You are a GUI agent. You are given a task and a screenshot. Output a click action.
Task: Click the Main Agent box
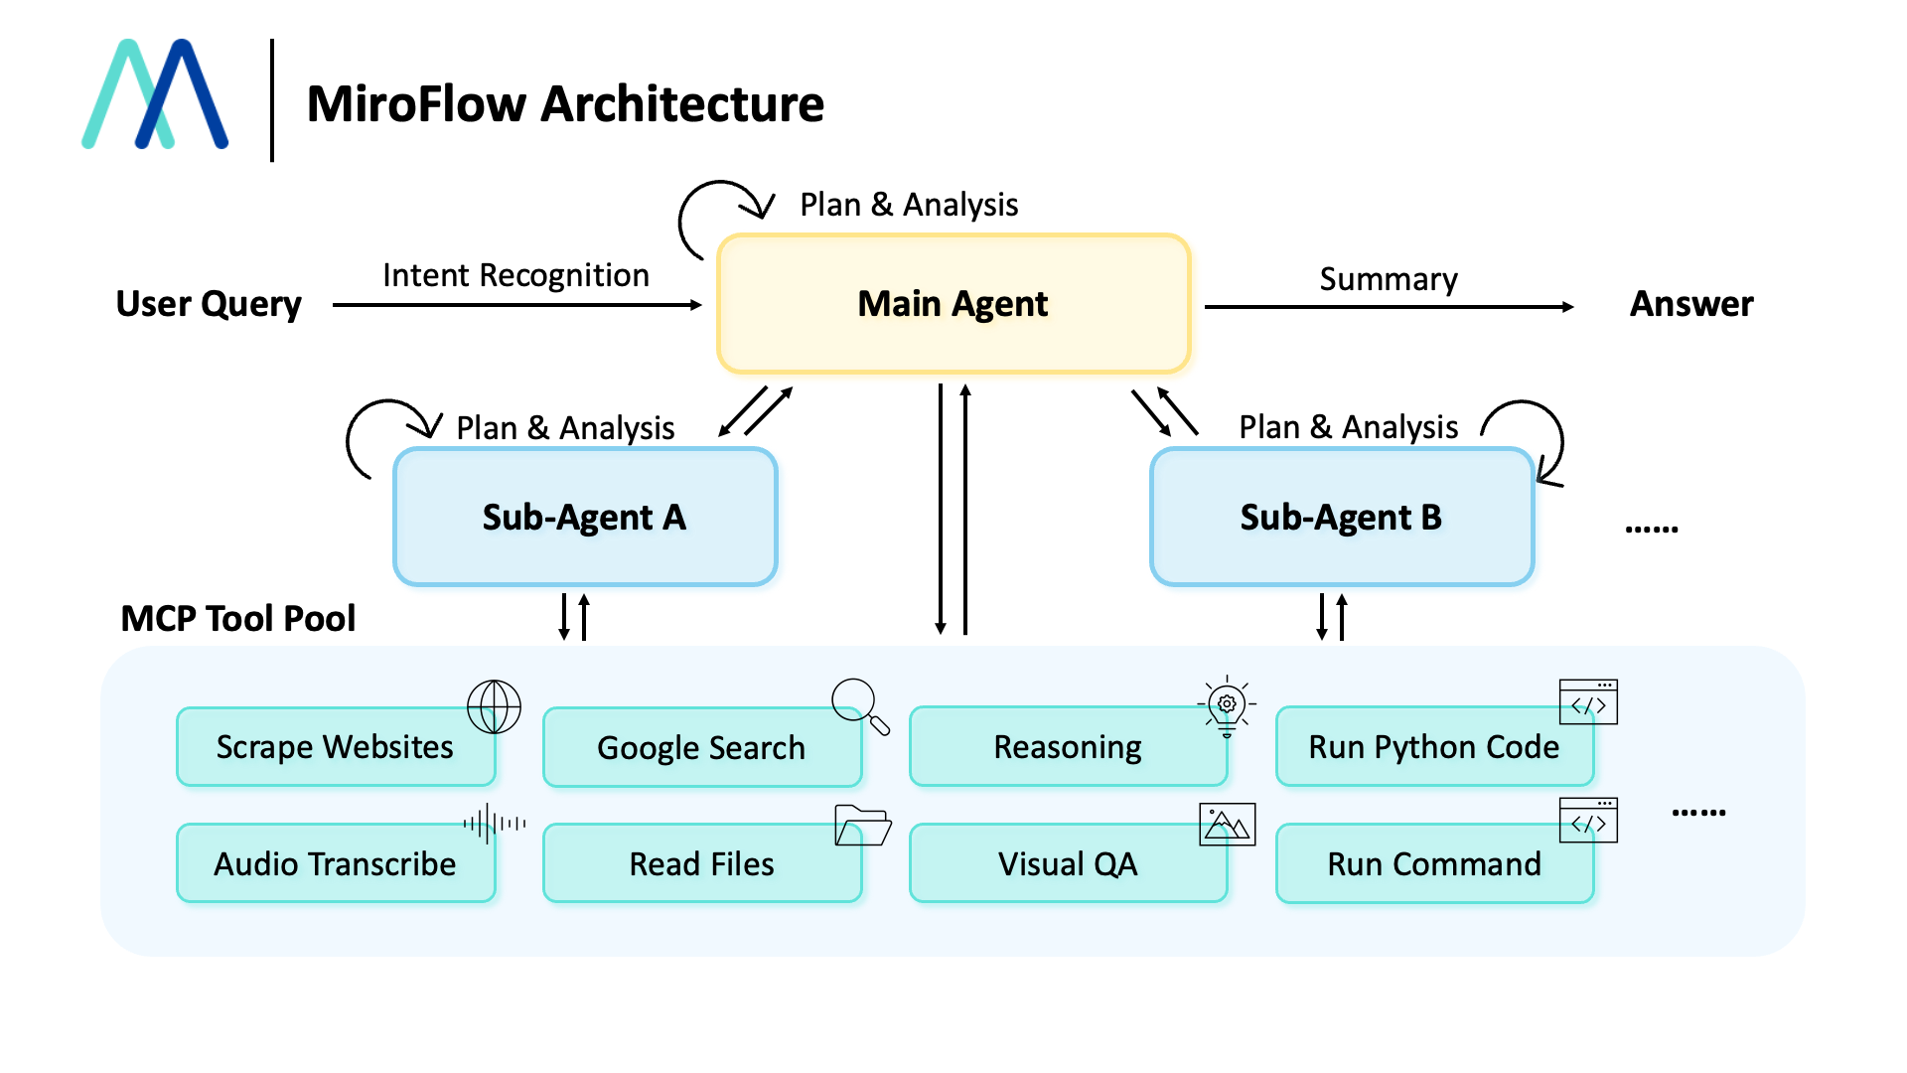pos(953,304)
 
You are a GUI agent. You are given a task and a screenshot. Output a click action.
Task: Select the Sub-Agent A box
pos(585,518)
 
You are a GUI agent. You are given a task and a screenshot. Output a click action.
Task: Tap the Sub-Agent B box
pos(1342,518)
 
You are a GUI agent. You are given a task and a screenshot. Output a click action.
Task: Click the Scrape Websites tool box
pos(336,747)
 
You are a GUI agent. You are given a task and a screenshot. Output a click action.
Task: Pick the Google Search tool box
pos(701,748)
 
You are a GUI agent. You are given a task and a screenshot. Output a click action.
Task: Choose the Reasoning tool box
pos(1068,747)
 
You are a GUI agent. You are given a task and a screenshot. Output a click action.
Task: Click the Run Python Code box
pos(1434,747)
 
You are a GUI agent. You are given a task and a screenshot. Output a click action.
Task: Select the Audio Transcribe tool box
pos(336,863)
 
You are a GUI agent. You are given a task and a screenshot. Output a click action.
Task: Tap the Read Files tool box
pos(701,863)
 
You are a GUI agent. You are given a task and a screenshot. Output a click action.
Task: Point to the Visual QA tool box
pos(1068,863)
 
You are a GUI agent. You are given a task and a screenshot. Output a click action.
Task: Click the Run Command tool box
pos(1434,863)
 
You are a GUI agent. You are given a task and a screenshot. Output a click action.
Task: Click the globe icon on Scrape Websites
pos(494,706)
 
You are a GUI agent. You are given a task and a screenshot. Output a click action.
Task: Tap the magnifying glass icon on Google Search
pos(859,705)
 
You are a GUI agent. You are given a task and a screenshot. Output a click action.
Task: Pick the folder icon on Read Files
pos(862,826)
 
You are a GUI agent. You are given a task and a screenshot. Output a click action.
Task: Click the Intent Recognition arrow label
pos(515,275)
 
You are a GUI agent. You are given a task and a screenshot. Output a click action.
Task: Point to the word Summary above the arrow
pos(1389,279)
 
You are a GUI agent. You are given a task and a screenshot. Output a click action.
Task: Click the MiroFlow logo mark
pos(155,95)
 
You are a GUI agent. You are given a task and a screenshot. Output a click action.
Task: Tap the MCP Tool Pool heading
pos(237,618)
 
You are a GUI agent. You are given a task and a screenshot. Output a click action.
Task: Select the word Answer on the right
pos(1691,304)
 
